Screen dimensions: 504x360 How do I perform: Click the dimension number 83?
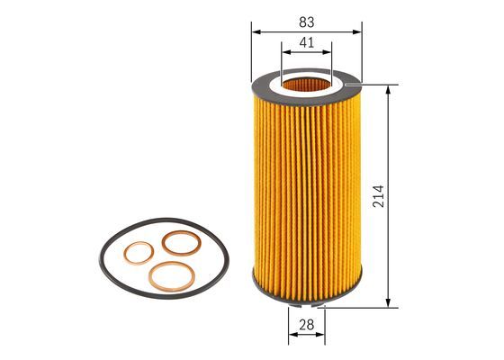[x=307, y=22]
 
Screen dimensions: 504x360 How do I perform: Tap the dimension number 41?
[x=307, y=42]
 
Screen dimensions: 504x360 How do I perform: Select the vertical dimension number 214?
[x=378, y=196]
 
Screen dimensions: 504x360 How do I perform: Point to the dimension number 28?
[x=306, y=325]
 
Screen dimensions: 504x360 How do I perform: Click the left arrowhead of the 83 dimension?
[x=256, y=31]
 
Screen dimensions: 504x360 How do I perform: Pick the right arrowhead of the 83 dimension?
[x=357, y=31]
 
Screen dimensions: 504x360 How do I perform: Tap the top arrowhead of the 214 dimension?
[x=388, y=90]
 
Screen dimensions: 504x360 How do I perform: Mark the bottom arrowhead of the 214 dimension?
[x=388, y=302]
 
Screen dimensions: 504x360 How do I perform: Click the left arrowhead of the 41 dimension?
[x=286, y=52]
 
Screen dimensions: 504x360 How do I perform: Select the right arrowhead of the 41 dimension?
[x=327, y=52]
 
